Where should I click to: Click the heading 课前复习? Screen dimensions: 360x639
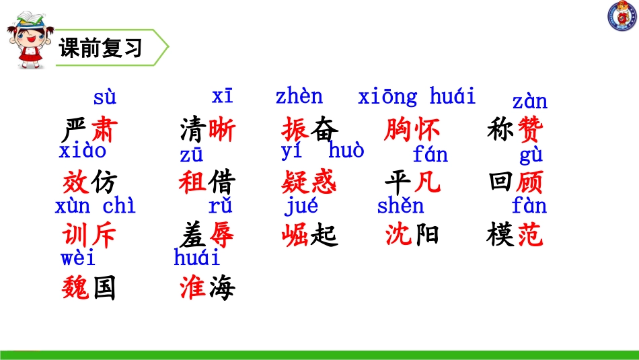(x=100, y=49)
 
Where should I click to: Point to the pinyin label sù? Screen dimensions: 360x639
(x=104, y=98)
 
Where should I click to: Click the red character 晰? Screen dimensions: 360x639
(x=222, y=129)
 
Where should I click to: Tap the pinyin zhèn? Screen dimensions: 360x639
(x=299, y=97)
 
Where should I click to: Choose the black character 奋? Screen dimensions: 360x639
(x=322, y=129)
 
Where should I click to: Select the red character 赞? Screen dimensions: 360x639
(x=529, y=129)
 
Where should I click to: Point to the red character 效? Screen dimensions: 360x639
(x=76, y=182)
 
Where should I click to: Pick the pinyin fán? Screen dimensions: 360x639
(x=430, y=156)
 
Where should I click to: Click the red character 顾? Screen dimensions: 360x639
(x=529, y=182)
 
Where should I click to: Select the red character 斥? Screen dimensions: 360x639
(x=103, y=235)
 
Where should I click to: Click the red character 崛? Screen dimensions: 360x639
(x=296, y=235)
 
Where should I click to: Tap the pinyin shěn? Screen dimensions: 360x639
(x=400, y=206)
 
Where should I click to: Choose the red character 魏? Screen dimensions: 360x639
(x=76, y=288)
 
